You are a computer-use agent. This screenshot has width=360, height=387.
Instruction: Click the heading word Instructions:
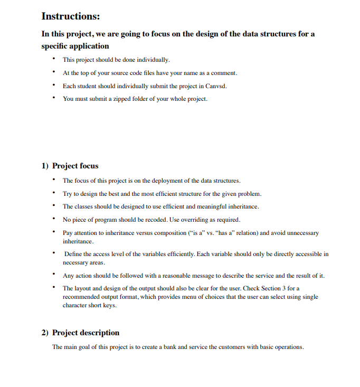coord(71,16)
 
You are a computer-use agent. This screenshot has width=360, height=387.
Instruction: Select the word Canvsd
coord(215,86)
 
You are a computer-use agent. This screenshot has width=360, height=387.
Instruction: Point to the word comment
coord(223,72)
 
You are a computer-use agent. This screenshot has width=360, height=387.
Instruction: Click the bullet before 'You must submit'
coord(53,98)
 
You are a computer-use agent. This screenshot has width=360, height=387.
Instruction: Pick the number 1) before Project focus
coord(45,166)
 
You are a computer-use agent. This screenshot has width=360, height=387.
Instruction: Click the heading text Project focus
coord(75,166)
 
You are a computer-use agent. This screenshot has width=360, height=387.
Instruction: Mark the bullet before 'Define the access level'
coord(53,254)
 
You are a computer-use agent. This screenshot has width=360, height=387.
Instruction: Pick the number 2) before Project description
coord(45,333)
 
